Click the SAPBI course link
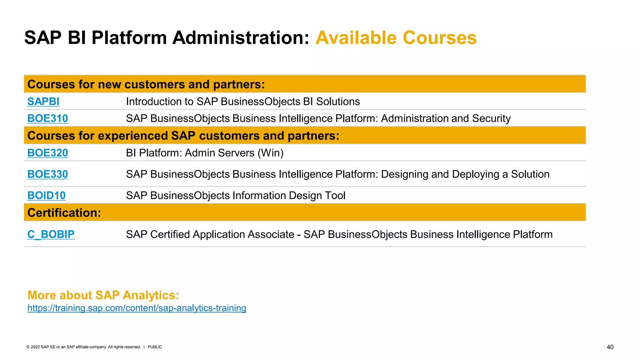(43, 102)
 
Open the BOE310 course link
(47, 118)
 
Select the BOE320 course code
(47, 153)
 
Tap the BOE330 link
(47, 174)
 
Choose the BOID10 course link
(46, 195)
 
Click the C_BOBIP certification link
(51, 234)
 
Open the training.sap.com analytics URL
(137, 308)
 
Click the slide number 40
(610, 347)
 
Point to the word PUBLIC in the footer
(155, 347)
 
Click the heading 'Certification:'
(64, 213)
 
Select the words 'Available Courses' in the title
(396, 38)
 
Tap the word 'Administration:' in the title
(241, 38)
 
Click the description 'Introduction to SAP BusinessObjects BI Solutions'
(243, 102)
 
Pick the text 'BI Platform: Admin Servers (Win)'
(205, 153)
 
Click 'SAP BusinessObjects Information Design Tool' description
(236, 195)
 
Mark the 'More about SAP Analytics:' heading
(103, 295)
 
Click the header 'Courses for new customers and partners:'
(146, 84)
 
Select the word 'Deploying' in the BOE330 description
(475, 174)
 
